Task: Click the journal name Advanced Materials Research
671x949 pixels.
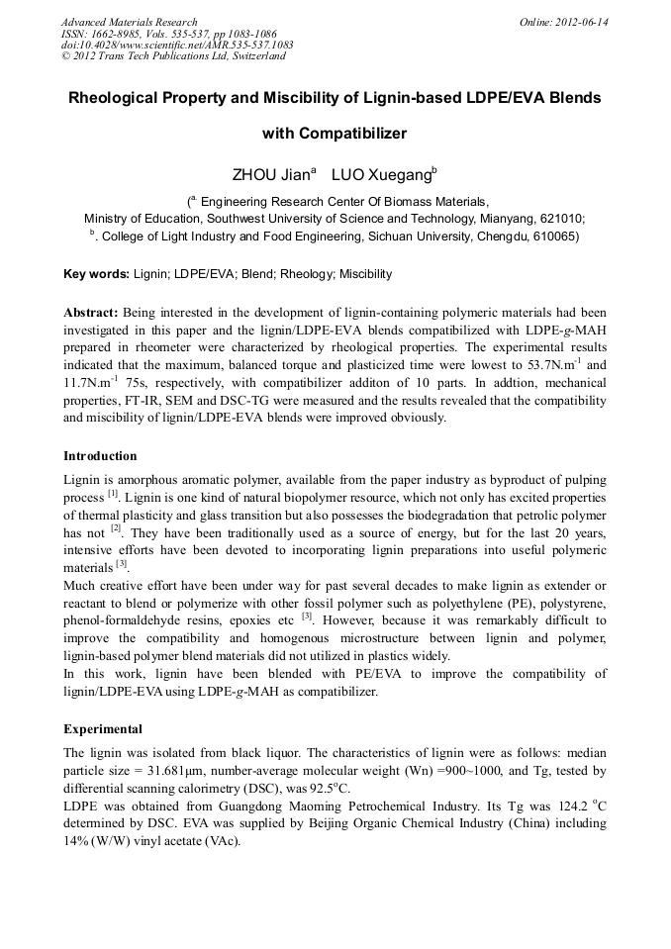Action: click(129, 22)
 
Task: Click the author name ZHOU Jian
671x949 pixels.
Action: click(270, 175)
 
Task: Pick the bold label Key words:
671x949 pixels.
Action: click(96, 274)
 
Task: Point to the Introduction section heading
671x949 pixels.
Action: click(100, 456)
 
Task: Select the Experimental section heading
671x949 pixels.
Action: click(103, 728)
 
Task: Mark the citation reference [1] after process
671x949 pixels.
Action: click(113, 494)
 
